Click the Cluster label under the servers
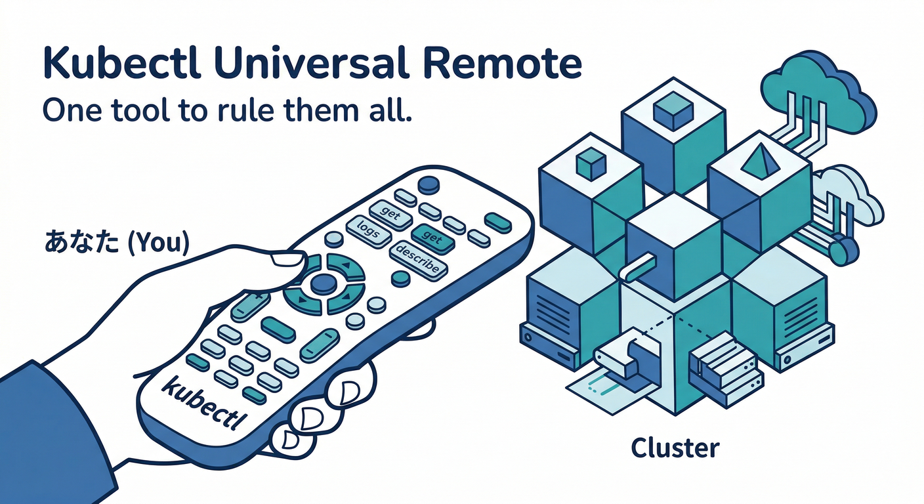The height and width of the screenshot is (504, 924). (675, 449)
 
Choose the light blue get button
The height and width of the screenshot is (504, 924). (390, 214)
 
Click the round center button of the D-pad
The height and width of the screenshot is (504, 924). (324, 283)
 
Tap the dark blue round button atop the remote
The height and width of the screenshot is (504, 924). (428, 184)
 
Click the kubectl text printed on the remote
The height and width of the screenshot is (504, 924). (201, 402)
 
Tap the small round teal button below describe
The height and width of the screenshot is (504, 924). (400, 279)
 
